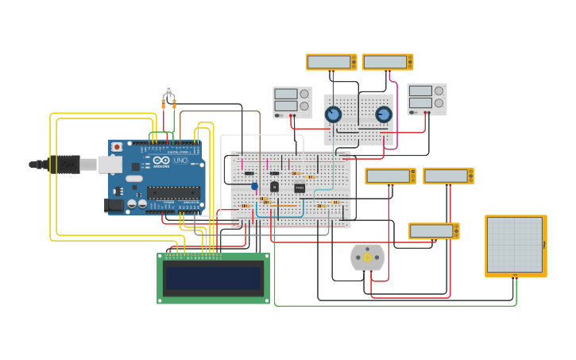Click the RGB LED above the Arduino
point(168,93)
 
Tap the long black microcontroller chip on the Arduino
point(173,192)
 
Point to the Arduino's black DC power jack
point(114,205)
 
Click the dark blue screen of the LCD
point(213,278)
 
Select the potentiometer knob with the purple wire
point(334,114)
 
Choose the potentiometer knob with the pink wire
point(384,114)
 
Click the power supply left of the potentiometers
point(292,101)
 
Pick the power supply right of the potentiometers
point(427,99)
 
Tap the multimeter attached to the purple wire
point(331,62)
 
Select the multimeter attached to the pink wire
point(387,62)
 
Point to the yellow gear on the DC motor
point(367,257)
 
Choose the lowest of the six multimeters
point(434,231)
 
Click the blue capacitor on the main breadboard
point(255,186)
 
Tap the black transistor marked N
point(274,187)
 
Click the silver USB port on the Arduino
point(109,165)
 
